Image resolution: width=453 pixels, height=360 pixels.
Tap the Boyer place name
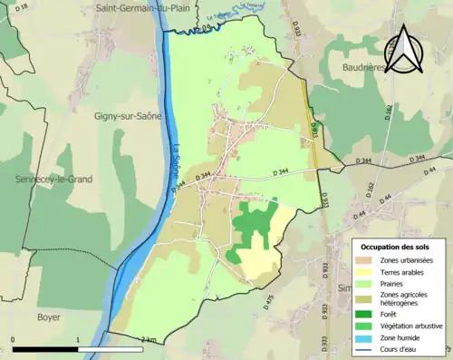pos(47,317)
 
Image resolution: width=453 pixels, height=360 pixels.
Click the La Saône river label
pos(171,159)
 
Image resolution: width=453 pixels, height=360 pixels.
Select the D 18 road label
pos(23,7)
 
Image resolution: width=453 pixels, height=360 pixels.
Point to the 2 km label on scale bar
pos(148,339)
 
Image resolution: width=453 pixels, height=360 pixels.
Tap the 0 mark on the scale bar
pos(14,339)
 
